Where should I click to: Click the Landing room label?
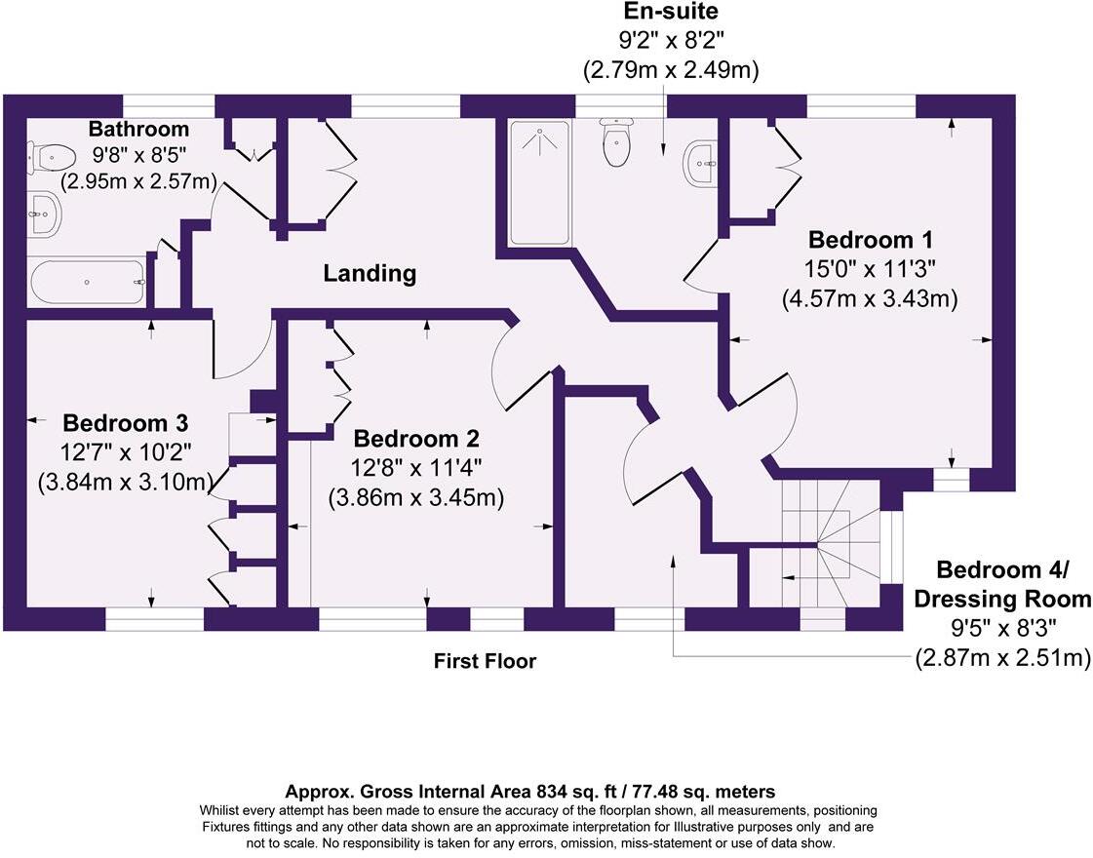[370, 273]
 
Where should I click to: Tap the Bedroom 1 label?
[870, 240]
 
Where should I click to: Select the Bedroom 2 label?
[416, 439]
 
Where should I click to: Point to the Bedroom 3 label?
[126, 423]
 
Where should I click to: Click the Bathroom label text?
[138, 129]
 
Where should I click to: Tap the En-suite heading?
[670, 11]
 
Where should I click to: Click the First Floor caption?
[486, 661]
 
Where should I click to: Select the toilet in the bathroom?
[51, 157]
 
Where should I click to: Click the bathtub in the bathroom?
[87, 282]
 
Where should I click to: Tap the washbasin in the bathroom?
[45, 214]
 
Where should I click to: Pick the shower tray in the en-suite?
[539, 182]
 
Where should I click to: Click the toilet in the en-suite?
[616, 141]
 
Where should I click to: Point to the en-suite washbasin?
[699, 163]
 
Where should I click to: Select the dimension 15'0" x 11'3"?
[870, 269]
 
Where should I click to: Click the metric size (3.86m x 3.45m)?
[416, 497]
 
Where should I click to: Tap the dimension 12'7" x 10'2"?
[126, 452]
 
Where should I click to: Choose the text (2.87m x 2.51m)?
[1002, 657]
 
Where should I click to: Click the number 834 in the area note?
[553, 792]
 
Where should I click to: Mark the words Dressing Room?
[1002, 599]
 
